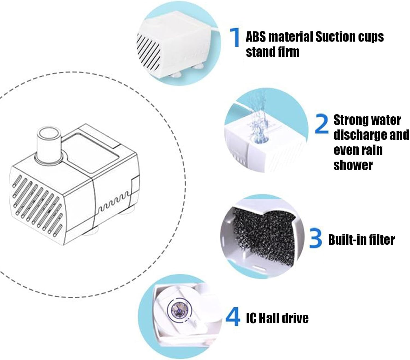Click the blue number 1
click(235, 37)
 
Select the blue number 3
click(316, 238)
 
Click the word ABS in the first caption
click(256, 37)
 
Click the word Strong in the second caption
click(351, 120)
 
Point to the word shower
click(353, 165)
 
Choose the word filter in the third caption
click(381, 240)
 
